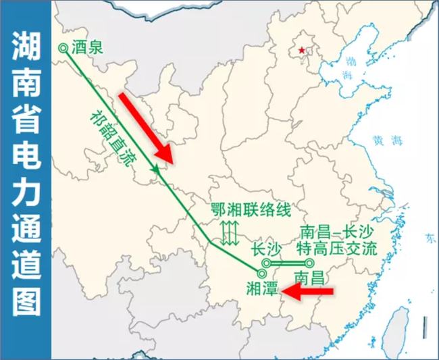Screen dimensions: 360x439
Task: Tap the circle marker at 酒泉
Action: click(x=63, y=48)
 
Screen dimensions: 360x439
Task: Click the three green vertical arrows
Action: click(x=230, y=233)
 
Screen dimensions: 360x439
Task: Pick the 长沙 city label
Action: click(x=264, y=249)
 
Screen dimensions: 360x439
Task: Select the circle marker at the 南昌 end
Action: click(x=310, y=263)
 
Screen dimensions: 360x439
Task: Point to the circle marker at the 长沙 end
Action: click(x=267, y=263)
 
